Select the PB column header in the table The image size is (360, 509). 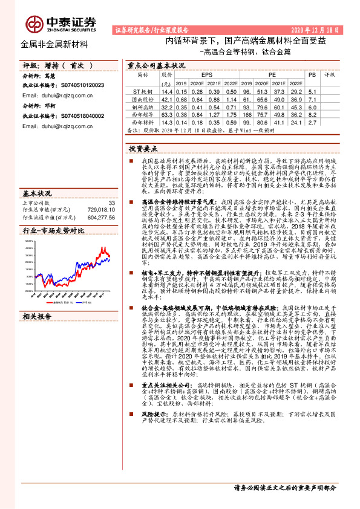point(311,76)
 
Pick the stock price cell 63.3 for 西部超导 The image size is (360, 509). point(167,113)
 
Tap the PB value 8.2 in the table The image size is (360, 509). point(312,113)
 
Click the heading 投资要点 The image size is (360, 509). point(143,148)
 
